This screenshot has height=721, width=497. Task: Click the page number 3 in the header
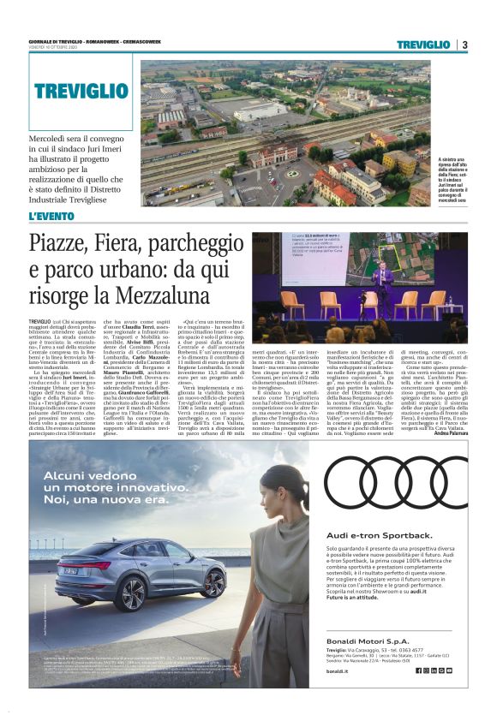(x=464, y=45)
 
